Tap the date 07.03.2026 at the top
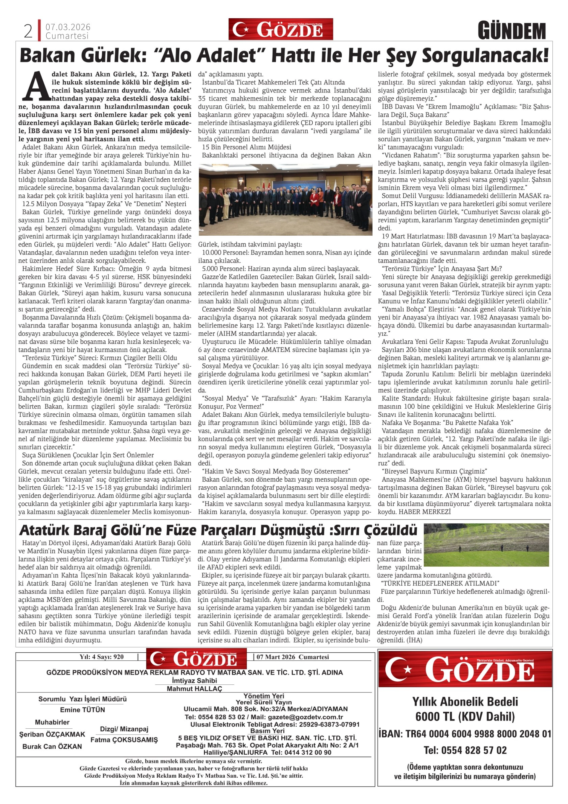coord(68,27)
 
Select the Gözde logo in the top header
coord(281,29)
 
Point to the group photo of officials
coord(285,200)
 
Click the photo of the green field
coord(486,545)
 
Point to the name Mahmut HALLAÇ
coord(194,689)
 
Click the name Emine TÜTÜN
coord(83,710)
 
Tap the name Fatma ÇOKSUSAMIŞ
coord(124,740)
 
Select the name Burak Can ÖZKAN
coord(52,746)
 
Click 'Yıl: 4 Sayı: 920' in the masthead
coord(101,657)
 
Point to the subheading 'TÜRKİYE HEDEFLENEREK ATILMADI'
coord(439,583)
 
